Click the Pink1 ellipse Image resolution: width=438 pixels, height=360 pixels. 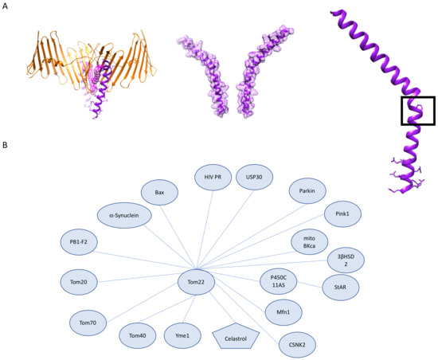click(343, 213)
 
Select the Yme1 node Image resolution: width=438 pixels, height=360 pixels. click(183, 335)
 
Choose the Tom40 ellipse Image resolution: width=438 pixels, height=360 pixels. click(137, 335)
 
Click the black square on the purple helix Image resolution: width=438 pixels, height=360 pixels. click(417, 111)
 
